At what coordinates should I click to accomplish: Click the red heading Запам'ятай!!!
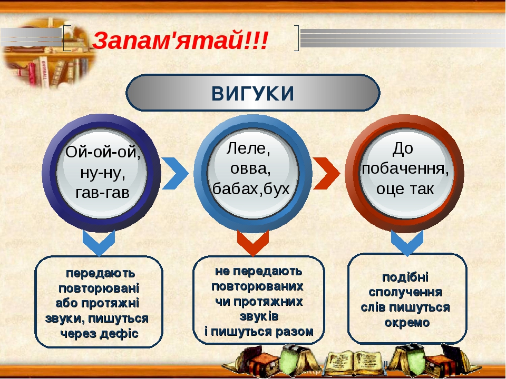point(180,41)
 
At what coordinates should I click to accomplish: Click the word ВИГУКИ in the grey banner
point(252,93)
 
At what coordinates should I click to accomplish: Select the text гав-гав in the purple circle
point(102,193)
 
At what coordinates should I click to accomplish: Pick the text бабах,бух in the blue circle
point(251,188)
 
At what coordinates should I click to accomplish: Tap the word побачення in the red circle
point(405,168)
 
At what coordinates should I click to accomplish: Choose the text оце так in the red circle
point(405,188)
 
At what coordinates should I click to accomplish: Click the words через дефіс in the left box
point(100,334)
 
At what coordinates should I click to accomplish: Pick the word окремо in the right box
point(407,323)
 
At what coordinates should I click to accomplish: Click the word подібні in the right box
point(405,277)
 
